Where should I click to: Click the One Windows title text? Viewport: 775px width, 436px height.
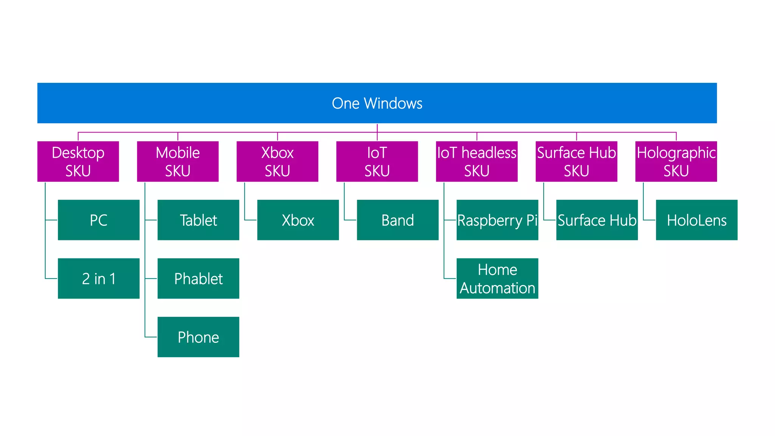pyautogui.click(x=377, y=103)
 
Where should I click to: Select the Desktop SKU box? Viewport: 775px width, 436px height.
pyautogui.click(x=78, y=162)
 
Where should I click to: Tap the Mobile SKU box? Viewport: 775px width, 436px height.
pyautogui.click(x=177, y=162)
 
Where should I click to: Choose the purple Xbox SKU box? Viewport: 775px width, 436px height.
pyautogui.click(x=277, y=162)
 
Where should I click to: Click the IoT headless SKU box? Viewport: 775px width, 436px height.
pyautogui.click(x=476, y=162)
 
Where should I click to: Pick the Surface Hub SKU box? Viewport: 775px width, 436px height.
pyautogui.click(x=576, y=162)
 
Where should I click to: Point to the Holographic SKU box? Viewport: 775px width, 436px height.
pyautogui.click(x=676, y=162)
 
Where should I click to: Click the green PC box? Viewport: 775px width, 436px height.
pyautogui.click(x=98, y=220)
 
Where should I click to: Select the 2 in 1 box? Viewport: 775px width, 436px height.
pyautogui.click(x=98, y=279)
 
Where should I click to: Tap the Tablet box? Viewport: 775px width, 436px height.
pyautogui.click(x=198, y=220)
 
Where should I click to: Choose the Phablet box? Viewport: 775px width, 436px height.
pyautogui.click(x=198, y=279)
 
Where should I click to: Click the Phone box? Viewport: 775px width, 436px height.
pyautogui.click(x=198, y=337)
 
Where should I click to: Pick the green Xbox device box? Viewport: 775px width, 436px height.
pyautogui.click(x=298, y=220)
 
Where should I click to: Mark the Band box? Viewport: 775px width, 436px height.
pyautogui.click(x=397, y=220)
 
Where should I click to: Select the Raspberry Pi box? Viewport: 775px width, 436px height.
pyautogui.click(x=497, y=220)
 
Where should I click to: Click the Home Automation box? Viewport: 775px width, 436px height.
pyautogui.click(x=497, y=279)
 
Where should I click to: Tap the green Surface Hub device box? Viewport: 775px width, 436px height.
pyautogui.click(x=597, y=220)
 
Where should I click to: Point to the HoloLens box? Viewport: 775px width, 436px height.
pyautogui.click(x=696, y=220)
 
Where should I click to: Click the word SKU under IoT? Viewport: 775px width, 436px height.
pyautogui.click(x=377, y=171)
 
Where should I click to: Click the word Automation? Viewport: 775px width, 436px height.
pyautogui.click(x=497, y=288)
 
